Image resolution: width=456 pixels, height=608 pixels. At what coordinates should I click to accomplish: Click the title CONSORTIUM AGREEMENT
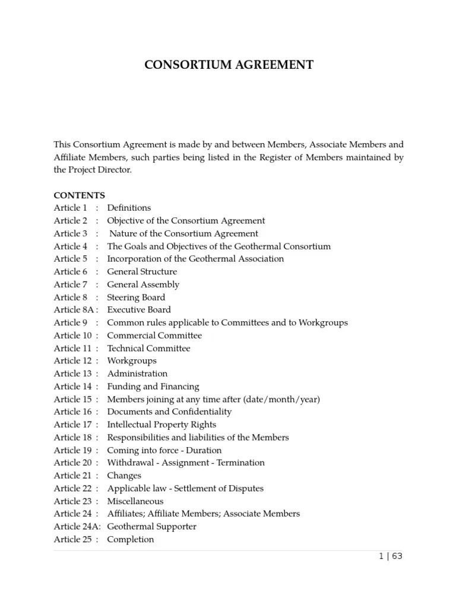pos(229,65)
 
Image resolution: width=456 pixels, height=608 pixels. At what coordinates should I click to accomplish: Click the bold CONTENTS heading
pos(79,195)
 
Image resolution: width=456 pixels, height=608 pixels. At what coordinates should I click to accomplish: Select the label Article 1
pos(71,208)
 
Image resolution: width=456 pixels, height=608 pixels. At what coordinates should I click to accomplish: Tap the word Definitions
pos(129,208)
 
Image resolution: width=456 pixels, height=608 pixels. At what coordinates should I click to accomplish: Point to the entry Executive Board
pos(138,310)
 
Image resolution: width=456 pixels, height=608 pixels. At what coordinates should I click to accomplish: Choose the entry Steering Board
pos(136,297)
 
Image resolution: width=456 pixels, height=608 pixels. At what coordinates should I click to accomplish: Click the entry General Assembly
pos(142,284)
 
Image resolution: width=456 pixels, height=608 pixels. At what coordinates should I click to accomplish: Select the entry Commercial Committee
pos(154,335)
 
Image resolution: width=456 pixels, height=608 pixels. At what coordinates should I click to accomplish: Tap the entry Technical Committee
pos(148,349)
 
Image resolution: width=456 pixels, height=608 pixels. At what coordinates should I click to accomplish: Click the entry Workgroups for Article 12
pos(132,361)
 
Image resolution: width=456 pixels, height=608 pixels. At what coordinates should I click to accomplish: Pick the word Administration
pos(137,374)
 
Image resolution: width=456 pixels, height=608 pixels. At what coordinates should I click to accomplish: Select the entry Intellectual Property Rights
pos(161,425)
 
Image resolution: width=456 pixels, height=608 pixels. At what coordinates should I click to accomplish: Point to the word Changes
pos(124,476)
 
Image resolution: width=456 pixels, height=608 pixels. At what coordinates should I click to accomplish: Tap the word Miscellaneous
pos(135,501)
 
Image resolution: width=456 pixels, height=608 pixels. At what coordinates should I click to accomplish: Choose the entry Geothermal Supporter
pos(151,527)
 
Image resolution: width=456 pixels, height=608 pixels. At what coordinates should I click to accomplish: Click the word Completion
pos(130,540)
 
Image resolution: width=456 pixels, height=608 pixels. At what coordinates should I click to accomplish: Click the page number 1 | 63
pos(390,556)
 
